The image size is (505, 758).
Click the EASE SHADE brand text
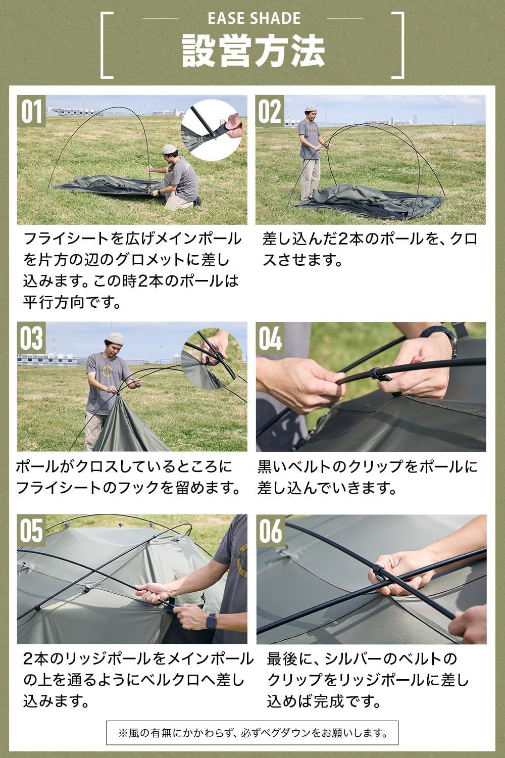254,19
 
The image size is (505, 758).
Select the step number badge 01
31,111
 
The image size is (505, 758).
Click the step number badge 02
270,111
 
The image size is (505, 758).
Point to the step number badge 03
31,338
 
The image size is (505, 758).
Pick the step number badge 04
270,338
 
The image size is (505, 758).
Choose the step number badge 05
31,530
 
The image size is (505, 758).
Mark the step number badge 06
270,530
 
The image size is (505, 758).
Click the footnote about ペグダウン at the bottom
252,732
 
